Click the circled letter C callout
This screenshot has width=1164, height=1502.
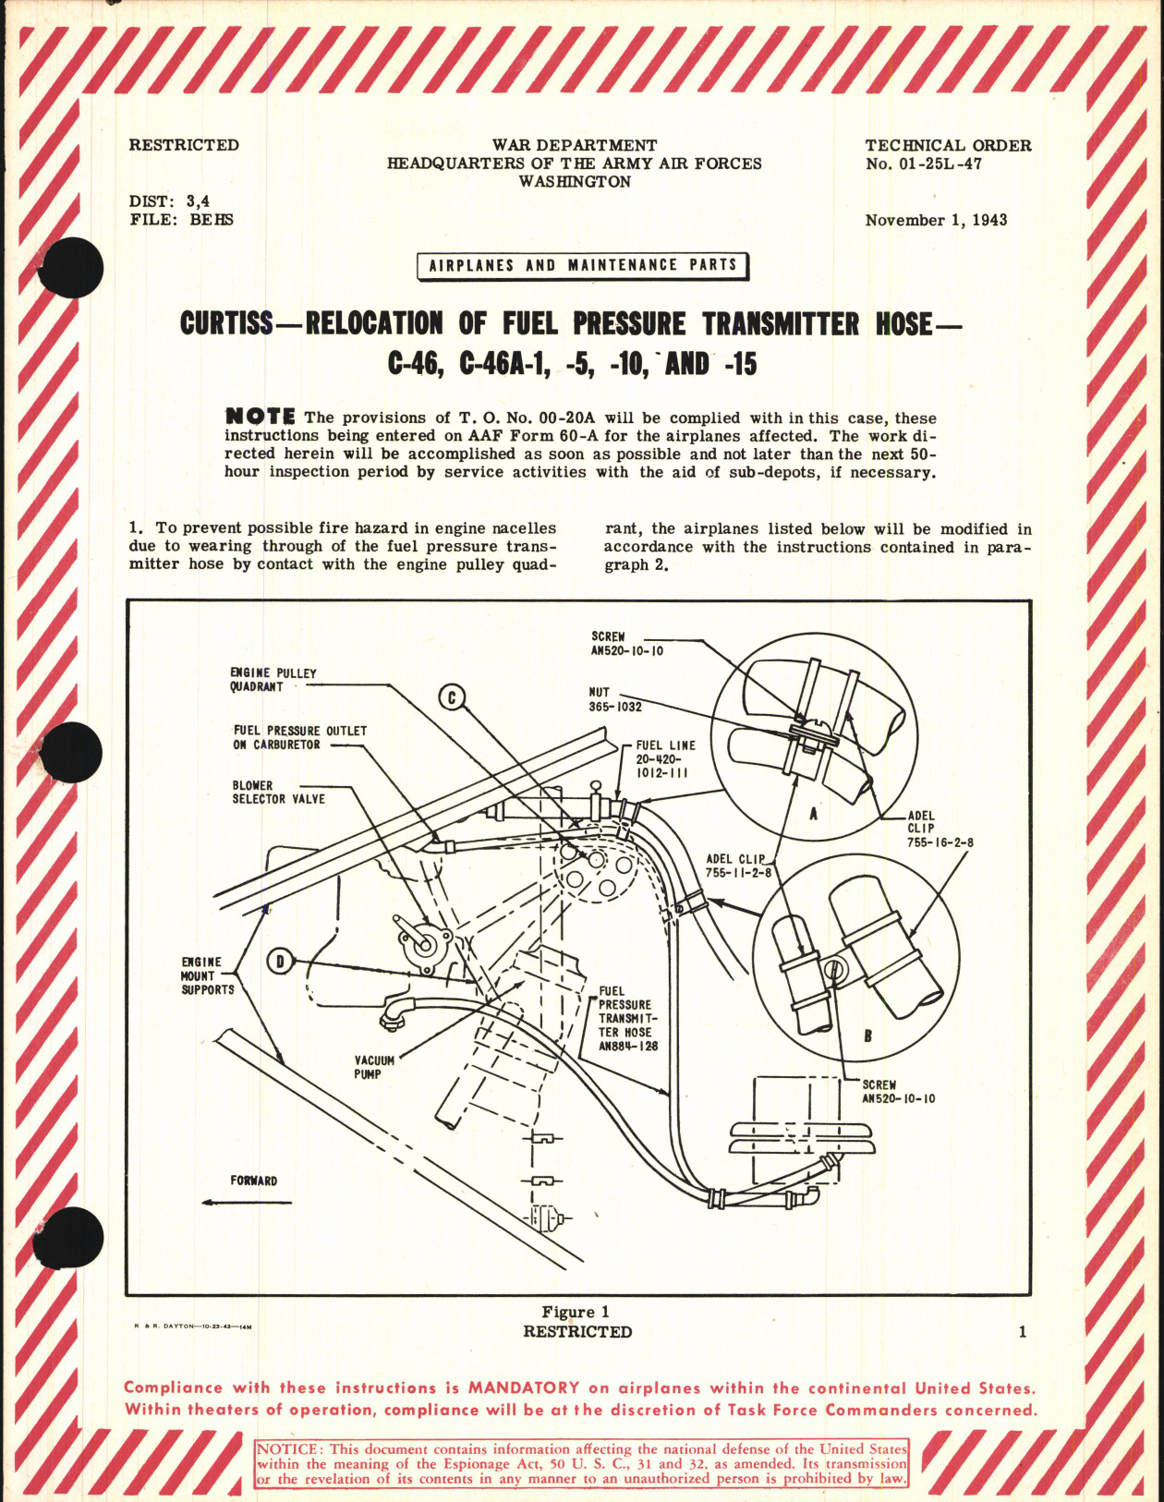452,698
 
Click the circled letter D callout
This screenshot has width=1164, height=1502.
280,962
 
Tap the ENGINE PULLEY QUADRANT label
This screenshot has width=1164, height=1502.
273,680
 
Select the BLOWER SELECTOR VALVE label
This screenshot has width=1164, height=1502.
278,793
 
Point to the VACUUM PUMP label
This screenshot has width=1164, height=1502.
373,1068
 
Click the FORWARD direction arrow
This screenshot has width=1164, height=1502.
246,1202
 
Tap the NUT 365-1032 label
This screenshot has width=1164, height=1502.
614,699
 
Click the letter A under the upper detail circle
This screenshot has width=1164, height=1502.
813,815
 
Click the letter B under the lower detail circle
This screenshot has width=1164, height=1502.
867,1036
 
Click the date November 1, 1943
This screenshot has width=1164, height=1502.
936,220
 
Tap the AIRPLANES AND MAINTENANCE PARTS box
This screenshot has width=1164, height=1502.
582,265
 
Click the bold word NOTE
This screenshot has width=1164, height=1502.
261,418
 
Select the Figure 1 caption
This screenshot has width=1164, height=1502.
575,1312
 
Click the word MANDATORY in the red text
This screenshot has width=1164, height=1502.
524,1387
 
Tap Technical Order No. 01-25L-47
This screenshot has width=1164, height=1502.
948,154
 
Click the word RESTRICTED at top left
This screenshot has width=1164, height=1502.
184,145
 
